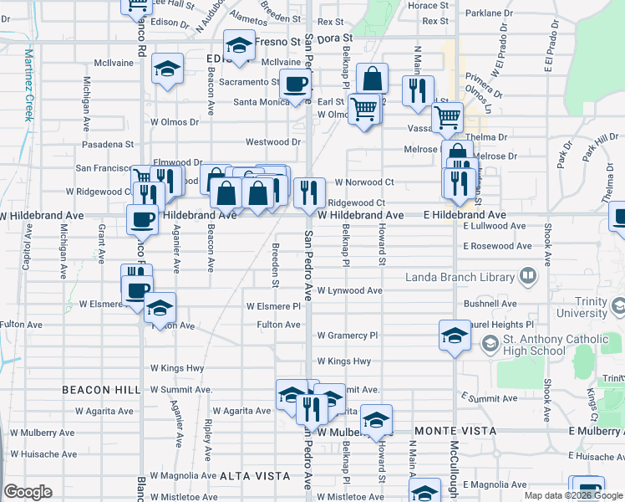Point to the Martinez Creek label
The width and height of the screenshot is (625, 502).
pos(28,85)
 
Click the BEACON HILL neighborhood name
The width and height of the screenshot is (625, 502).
pos(101,390)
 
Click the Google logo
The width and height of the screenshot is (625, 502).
pos(28,492)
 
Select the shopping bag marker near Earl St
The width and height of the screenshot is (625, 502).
pos(373,80)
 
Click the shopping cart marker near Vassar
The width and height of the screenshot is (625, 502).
pos(449,118)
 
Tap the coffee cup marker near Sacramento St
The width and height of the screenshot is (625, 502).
pos(295,85)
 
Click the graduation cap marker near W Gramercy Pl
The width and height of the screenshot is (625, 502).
pos(455,336)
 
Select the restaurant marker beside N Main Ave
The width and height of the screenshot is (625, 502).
pos(418,90)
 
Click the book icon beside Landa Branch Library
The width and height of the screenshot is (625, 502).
pos(528,275)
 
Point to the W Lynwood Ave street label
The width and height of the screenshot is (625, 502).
pos(349,290)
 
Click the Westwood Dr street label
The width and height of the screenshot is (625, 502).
pos(272,143)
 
